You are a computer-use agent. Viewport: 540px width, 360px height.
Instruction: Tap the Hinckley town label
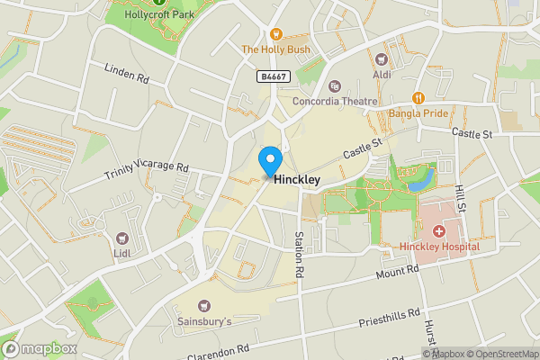coord(297,180)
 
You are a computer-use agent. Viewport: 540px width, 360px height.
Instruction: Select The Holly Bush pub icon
coord(276,33)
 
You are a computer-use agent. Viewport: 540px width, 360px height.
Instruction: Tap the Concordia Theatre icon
coord(335,86)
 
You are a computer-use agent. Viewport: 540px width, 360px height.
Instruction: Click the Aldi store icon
coord(382,58)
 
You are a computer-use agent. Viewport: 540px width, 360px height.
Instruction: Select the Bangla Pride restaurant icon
coord(418,98)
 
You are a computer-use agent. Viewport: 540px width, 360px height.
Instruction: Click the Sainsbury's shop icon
coord(203,306)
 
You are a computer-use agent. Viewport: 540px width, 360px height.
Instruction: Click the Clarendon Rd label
coord(218,349)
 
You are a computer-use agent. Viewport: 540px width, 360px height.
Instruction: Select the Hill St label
coord(460,196)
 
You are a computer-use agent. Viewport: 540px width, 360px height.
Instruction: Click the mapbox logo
coord(39,348)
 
